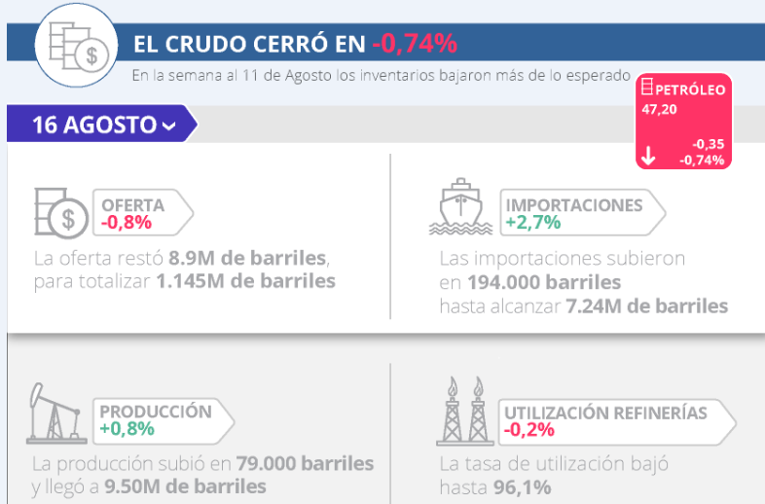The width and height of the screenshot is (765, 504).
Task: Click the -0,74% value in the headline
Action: click(414, 44)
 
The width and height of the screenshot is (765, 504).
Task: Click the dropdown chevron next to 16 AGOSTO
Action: click(169, 126)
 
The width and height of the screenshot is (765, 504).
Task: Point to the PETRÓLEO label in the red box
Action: click(690, 90)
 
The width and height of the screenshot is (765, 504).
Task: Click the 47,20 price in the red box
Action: click(659, 109)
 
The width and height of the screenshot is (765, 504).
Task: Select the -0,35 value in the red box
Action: click(708, 143)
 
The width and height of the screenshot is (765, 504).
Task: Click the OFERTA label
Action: click(133, 205)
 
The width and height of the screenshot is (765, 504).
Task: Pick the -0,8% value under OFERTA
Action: click(126, 223)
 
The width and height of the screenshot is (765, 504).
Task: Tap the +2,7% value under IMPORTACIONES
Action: click(533, 223)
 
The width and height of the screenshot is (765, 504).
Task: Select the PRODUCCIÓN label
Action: click(156, 411)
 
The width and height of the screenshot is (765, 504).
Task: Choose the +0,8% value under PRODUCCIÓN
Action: click(126, 428)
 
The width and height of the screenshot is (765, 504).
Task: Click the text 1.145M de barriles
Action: click(245, 282)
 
